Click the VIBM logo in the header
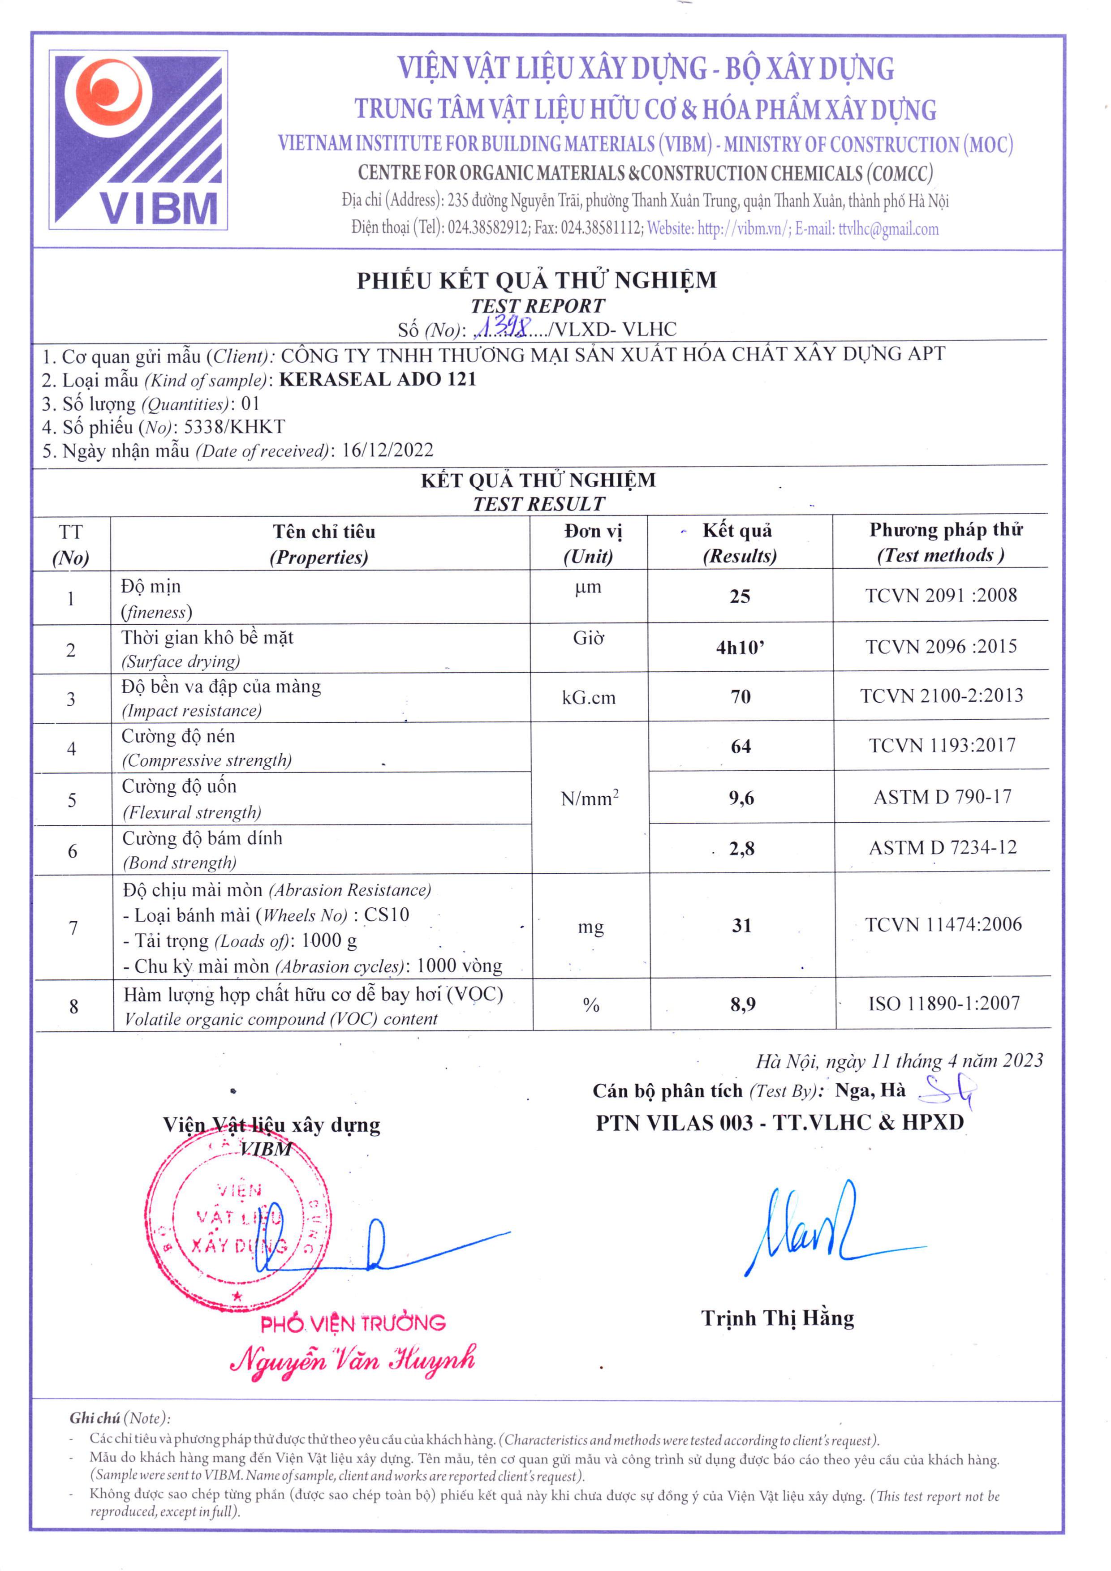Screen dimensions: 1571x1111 [138, 140]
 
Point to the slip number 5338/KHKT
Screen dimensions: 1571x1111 [234, 427]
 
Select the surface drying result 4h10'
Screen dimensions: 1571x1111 [740, 647]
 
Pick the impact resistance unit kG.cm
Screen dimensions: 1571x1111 [589, 698]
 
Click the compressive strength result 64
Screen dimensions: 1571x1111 [741, 747]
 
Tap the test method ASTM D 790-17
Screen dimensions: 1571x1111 [942, 797]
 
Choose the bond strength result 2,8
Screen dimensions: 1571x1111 [741, 849]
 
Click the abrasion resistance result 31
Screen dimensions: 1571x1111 [742, 926]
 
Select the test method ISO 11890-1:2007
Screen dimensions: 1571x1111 [944, 1004]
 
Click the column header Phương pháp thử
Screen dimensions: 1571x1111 [945, 530]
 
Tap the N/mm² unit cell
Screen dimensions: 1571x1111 [590, 798]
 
